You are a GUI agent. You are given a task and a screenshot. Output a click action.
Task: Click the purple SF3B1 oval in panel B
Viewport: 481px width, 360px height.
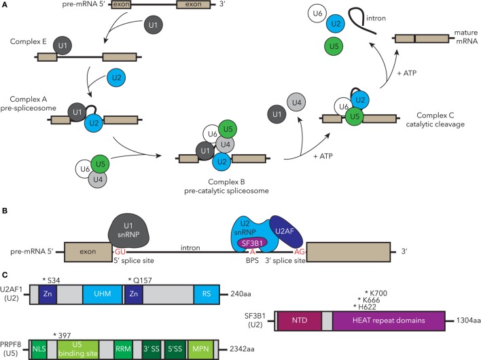(x=253, y=243)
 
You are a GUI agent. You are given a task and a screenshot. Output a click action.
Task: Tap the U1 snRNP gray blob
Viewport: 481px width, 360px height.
(x=128, y=231)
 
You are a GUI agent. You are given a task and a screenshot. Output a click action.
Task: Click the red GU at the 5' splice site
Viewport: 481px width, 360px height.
(x=120, y=252)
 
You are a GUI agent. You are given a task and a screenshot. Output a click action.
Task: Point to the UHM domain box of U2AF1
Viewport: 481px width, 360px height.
(x=102, y=294)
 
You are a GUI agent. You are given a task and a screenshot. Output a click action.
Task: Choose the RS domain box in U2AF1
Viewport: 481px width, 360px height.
(x=207, y=294)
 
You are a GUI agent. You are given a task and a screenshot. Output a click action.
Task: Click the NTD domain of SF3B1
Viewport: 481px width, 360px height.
(x=300, y=321)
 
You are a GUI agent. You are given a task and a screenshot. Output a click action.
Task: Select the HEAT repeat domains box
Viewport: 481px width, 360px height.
(x=389, y=321)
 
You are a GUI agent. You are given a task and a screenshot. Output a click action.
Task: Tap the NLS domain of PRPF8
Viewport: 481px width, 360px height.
(x=39, y=349)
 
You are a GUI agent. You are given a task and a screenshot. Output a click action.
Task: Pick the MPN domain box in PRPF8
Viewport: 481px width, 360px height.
(x=200, y=349)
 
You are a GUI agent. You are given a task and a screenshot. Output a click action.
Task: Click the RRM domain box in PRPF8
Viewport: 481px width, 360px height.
(x=123, y=349)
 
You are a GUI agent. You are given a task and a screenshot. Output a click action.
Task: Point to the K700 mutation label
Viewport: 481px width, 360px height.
(x=376, y=293)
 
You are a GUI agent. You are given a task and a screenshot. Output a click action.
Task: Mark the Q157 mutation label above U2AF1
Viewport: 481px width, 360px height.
(x=140, y=281)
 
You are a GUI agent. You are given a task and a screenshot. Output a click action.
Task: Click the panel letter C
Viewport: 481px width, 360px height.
(x=5, y=274)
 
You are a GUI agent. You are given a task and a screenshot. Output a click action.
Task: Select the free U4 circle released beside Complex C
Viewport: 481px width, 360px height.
(x=296, y=103)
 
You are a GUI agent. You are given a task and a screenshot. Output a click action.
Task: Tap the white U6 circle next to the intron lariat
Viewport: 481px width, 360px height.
(x=317, y=14)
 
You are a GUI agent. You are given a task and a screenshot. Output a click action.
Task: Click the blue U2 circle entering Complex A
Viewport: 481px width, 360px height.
(x=116, y=77)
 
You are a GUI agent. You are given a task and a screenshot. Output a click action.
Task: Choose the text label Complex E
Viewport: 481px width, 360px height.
(x=29, y=41)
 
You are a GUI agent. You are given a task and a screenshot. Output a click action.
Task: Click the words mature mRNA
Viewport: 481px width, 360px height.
(x=466, y=37)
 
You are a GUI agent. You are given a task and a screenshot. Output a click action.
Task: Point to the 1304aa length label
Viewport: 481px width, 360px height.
(x=468, y=321)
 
